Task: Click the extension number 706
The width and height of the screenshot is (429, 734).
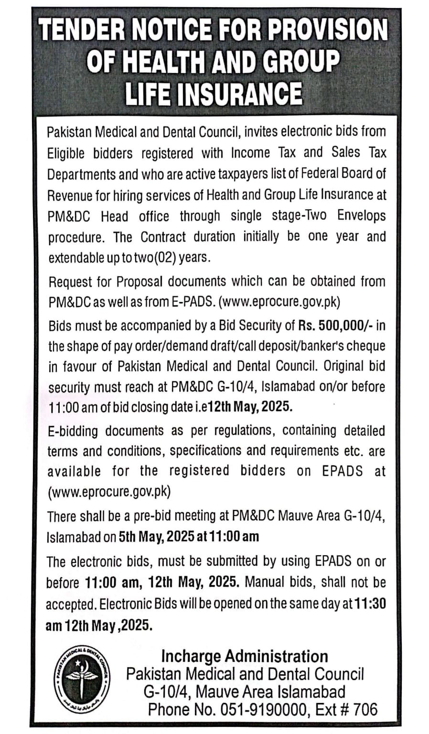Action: pos(365,710)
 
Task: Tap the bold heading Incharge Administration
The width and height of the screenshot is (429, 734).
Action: pos(245,656)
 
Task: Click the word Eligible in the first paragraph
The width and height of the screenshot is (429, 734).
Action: pos(66,153)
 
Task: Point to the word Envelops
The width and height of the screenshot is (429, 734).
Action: pos(361,216)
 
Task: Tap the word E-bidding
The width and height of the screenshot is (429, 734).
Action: pos(73,431)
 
